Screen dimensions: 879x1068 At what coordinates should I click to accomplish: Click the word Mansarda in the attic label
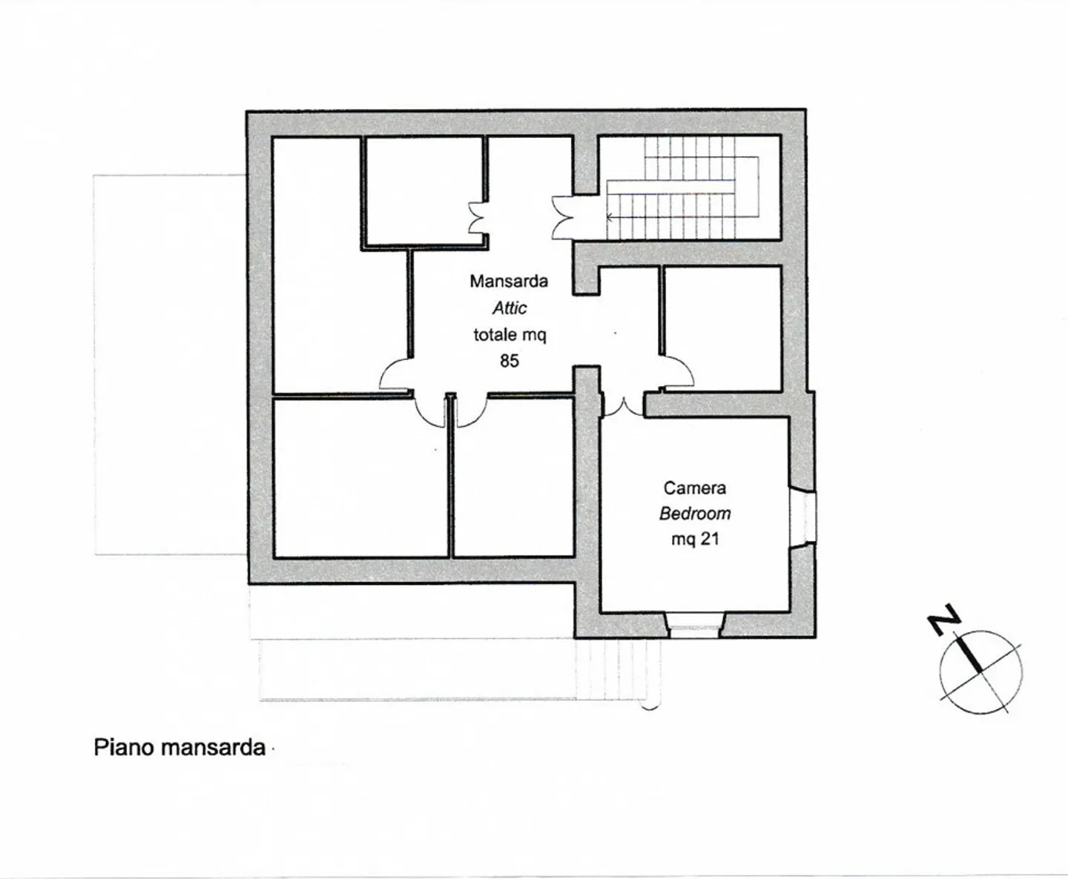point(509,281)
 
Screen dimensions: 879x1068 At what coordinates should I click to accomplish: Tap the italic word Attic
point(510,308)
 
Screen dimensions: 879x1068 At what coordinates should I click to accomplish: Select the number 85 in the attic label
point(510,361)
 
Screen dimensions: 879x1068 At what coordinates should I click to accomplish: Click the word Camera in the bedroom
point(694,488)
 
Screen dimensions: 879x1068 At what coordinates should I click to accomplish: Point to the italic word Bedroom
point(695,514)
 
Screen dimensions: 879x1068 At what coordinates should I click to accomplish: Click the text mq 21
point(695,539)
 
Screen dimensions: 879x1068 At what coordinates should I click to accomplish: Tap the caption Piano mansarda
point(179,747)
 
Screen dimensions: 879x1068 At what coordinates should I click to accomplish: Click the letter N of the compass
point(944,620)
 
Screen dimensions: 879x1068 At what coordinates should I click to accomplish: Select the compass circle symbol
point(980,672)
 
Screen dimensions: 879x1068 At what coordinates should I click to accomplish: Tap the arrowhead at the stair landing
point(610,218)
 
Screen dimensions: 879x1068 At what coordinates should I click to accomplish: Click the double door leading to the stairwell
point(562,217)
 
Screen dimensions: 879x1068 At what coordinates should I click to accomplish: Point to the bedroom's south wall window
point(695,624)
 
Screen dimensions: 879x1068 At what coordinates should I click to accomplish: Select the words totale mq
point(510,334)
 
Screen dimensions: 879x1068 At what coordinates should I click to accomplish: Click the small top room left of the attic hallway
point(423,190)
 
